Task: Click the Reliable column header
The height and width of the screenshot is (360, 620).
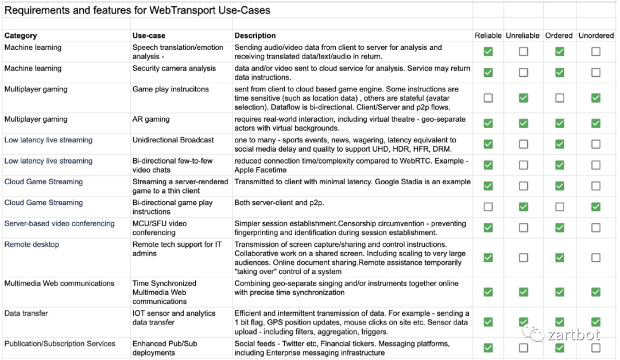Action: pyautogui.click(x=488, y=36)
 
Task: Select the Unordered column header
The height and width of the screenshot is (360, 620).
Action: pyautogui.click(x=596, y=36)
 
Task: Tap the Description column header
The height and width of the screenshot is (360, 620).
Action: pyautogui.click(x=255, y=36)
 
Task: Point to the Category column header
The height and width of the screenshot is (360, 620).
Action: pyautogui.click(x=21, y=36)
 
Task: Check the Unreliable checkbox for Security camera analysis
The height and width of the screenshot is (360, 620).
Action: pyautogui.click(x=524, y=72)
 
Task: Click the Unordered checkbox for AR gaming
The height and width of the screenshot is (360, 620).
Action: pyautogui.click(x=596, y=123)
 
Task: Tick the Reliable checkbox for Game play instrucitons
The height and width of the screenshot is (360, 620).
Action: pyautogui.click(x=488, y=98)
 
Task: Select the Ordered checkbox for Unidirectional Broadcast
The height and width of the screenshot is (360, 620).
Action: pyautogui.click(x=559, y=144)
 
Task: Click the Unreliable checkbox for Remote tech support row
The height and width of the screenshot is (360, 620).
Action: pyautogui.click(x=524, y=258)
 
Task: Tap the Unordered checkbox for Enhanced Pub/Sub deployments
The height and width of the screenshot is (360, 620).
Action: pyautogui.click(x=596, y=347)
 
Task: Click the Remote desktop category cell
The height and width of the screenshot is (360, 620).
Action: pyautogui.click(x=32, y=245)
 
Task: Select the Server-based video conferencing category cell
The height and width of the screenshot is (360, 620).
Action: pyautogui.click(x=59, y=223)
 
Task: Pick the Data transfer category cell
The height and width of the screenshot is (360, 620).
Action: pyautogui.click(x=26, y=313)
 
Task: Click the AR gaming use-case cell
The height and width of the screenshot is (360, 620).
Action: pyautogui.click(x=151, y=119)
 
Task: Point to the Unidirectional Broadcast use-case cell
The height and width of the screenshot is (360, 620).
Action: pyautogui.click(x=173, y=140)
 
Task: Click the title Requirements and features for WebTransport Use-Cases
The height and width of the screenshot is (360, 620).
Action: pyautogui.click(x=138, y=10)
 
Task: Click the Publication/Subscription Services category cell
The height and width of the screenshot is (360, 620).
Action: pyautogui.click(x=60, y=344)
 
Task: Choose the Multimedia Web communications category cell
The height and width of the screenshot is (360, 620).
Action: pyautogui.click(x=59, y=283)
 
